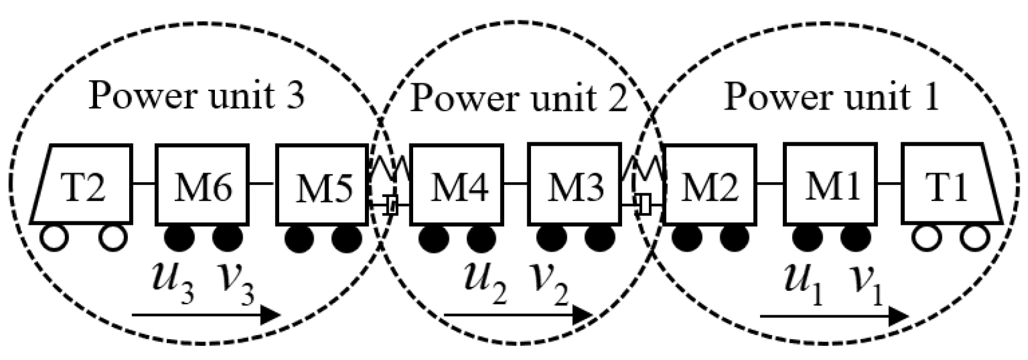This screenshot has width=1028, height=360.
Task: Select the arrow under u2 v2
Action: point(518,315)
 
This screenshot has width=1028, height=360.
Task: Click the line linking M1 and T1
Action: point(889,184)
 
